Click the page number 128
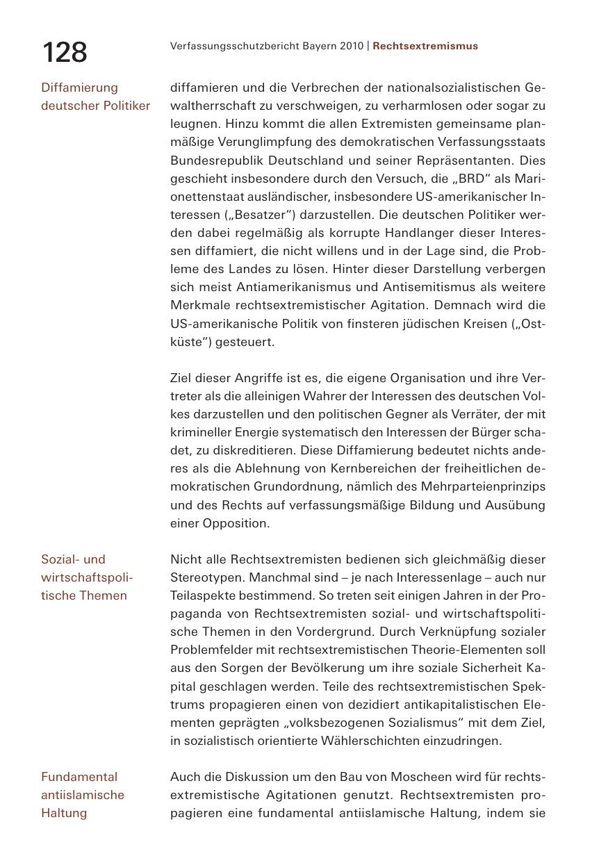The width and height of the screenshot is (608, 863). [x=65, y=53]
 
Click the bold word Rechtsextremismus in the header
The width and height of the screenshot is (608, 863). [x=425, y=46]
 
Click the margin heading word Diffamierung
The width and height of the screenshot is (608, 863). [x=79, y=88]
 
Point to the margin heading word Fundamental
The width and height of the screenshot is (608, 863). [x=79, y=777]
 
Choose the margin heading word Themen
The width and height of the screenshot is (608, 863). [x=104, y=595]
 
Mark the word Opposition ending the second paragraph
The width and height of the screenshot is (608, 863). [x=236, y=523]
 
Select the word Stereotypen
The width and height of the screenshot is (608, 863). [x=206, y=577]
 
